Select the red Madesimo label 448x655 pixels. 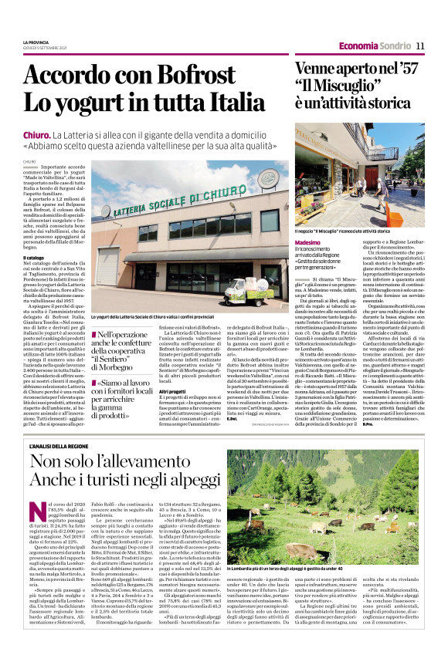309,241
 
